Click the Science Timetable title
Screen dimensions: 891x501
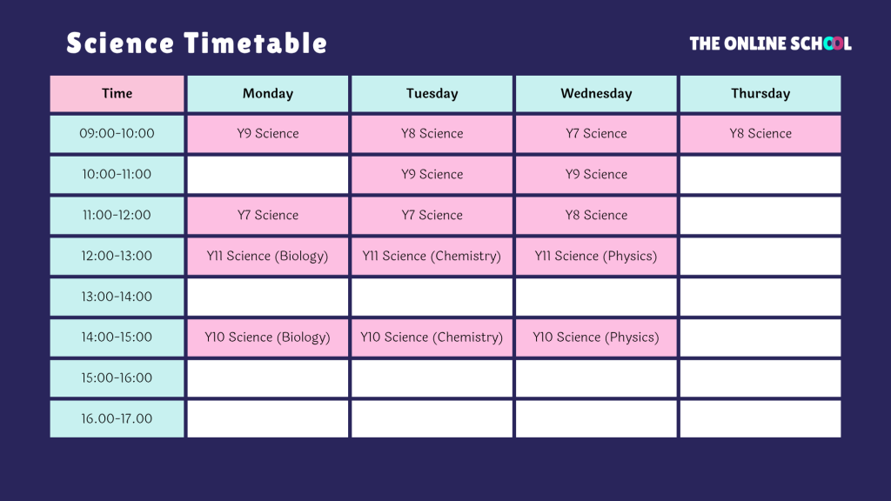point(197,43)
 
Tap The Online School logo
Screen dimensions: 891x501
point(770,43)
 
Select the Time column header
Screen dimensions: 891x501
point(117,94)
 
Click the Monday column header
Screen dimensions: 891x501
point(268,94)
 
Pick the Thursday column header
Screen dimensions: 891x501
point(760,94)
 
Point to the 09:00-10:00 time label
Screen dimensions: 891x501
point(117,134)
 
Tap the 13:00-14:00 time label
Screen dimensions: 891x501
point(117,297)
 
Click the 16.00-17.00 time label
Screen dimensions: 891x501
point(117,419)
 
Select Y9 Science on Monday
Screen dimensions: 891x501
point(268,134)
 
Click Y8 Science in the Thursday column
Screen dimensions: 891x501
point(760,134)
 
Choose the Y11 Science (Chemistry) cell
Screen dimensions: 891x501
point(432,257)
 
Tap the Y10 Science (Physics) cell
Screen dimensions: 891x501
point(596,337)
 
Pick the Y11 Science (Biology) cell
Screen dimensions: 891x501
point(268,257)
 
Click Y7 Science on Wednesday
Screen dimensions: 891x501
point(596,134)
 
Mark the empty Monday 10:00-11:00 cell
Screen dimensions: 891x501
point(268,175)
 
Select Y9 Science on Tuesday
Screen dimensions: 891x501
point(432,175)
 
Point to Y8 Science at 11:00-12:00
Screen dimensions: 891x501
point(596,216)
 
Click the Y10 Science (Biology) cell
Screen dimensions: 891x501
point(268,337)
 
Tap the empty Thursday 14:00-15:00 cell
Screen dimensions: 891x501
point(760,337)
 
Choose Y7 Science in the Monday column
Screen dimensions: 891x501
point(268,216)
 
